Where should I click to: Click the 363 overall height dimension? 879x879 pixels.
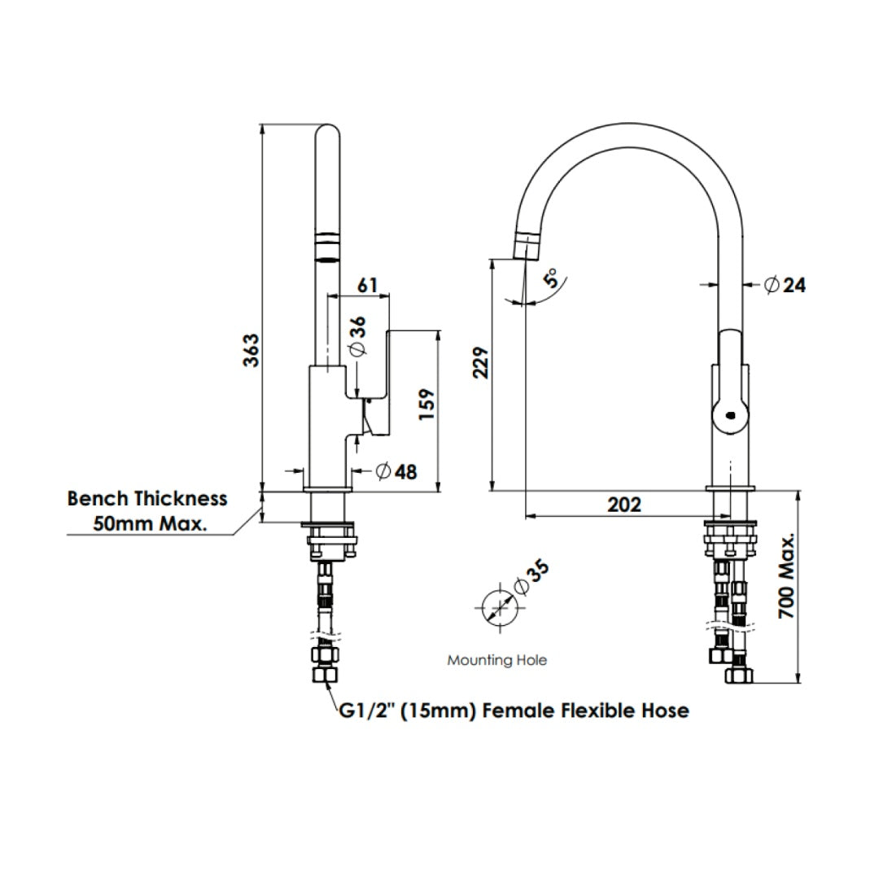pyautogui.click(x=253, y=350)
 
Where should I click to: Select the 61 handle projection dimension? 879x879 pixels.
pyautogui.click(x=367, y=286)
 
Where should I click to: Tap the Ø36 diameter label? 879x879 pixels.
pyautogui.click(x=356, y=336)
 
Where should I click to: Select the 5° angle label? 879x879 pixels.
pyautogui.click(x=553, y=280)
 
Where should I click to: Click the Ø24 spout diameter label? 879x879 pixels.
pyautogui.click(x=785, y=285)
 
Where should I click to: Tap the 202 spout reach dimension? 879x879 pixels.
pyautogui.click(x=624, y=505)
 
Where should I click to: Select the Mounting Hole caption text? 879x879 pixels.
pyautogui.click(x=496, y=660)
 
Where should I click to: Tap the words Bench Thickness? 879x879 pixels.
pyautogui.click(x=147, y=498)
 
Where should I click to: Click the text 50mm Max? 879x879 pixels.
pyautogui.click(x=150, y=523)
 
